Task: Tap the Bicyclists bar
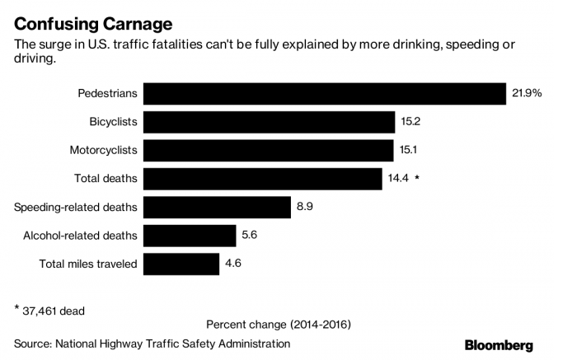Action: coord(269,122)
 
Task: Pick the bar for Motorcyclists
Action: coord(268,150)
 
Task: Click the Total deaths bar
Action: coord(263,178)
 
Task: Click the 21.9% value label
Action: coord(527,93)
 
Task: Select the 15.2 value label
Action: coord(410,122)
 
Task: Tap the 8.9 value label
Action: coord(305,207)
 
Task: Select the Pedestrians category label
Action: coord(107,93)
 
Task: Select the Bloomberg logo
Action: coord(499,345)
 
